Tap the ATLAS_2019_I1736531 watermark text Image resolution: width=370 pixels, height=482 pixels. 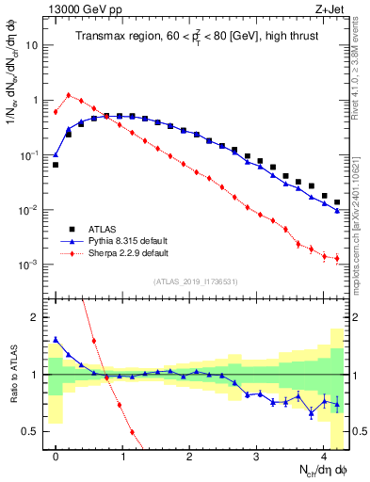click(x=196, y=281)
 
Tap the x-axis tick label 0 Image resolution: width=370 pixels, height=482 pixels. click(x=56, y=453)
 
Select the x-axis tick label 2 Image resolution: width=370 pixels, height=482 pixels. click(x=190, y=453)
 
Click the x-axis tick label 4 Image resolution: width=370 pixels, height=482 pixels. click(x=324, y=453)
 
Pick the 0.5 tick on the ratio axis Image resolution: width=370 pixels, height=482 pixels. click(x=34, y=431)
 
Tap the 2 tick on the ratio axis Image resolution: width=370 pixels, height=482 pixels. click(x=39, y=317)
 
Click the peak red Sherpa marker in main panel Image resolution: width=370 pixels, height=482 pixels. click(x=69, y=94)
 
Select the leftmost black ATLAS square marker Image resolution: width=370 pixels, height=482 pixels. click(x=56, y=165)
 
